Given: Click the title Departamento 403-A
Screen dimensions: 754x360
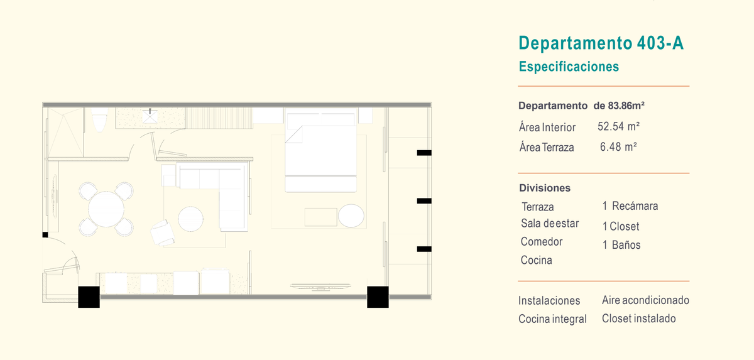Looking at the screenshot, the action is coord(601,43).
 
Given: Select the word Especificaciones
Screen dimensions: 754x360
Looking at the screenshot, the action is coord(569,67).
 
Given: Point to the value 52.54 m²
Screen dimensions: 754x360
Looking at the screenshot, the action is coord(618,126).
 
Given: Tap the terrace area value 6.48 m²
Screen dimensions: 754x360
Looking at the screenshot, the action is coord(618,146).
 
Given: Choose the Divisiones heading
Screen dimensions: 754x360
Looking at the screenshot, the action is coord(545,188).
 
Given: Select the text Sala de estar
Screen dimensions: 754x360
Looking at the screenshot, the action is coord(550,223).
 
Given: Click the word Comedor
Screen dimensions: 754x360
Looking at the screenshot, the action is coord(541,241).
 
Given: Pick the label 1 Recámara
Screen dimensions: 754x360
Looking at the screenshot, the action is coord(630,206).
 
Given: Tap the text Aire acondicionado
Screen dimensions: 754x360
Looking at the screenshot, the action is coord(645,300).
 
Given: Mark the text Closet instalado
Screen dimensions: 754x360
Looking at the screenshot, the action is coord(638,319).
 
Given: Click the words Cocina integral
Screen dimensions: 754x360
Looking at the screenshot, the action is coord(552,319).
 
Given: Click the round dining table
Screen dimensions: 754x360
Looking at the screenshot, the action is coord(106,209).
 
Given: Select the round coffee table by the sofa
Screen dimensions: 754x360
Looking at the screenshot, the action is coord(190,219).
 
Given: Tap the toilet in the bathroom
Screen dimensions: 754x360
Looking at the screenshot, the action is coord(100,119).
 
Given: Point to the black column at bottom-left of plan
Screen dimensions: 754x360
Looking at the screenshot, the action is coord(89,297).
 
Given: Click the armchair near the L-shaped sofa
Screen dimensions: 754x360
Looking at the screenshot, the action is coord(163,233).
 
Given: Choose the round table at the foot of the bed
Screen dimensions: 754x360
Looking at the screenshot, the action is coord(351,215).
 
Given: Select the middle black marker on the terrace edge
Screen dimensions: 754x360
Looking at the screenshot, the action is coord(424,201).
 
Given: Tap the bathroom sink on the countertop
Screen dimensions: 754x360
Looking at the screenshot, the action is coord(150,117).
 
